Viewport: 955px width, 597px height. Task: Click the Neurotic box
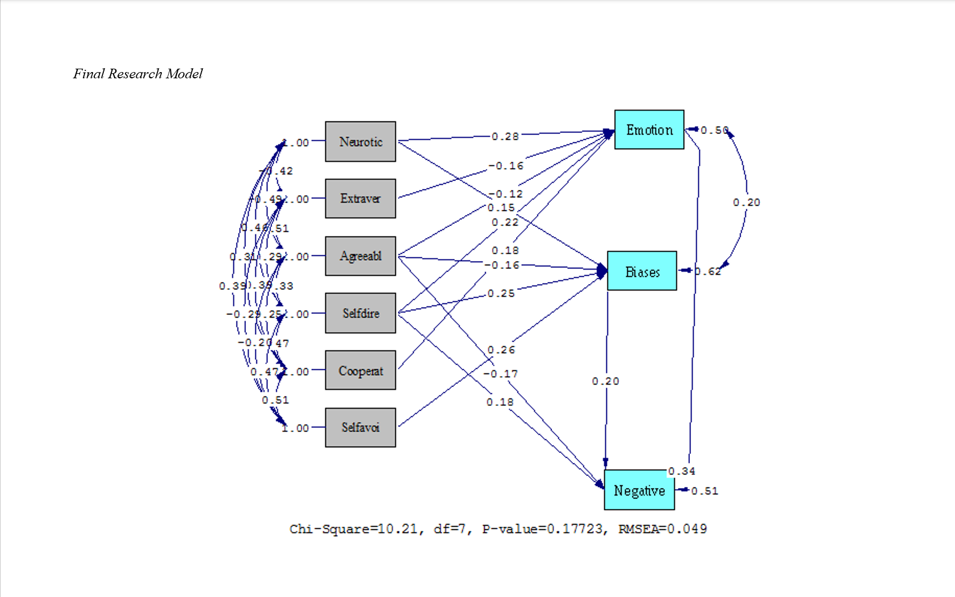click(361, 141)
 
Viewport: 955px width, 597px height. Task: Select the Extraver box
click(361, 199)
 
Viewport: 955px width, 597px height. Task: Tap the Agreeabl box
click(361, 256)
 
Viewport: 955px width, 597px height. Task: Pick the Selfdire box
click(361, 313)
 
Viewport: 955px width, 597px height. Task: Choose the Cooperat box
click(361, 371)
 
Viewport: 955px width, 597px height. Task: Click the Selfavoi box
click(361, 427)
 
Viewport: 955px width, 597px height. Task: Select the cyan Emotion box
click(649, 130)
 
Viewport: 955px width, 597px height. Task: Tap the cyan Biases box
click(642, 271)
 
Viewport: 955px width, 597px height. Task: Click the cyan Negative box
click(639, 490)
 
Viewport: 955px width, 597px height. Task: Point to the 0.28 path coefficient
click(505, 136)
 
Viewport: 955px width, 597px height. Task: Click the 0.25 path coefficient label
click(501, 293)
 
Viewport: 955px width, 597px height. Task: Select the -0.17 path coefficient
click(500, 374)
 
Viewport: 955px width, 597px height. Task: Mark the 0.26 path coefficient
click(501, 350)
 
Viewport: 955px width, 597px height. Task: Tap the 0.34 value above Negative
click(681, 471)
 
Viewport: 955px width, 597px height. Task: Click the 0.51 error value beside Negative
click(705, 491)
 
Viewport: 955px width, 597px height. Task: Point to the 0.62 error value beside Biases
click(708, 271)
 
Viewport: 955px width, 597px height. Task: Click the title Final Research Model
click(138, 74)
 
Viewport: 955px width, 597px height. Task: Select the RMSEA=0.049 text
click(663, 529)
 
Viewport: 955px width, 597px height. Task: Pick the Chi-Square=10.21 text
click(354, 529)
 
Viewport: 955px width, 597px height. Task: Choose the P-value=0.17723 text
click(542, 529)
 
